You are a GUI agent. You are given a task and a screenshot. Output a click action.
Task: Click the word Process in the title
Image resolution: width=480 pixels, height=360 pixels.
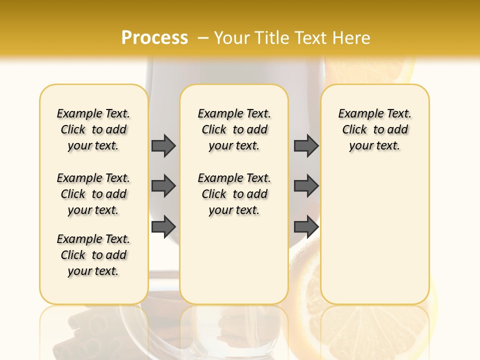pos(154,38)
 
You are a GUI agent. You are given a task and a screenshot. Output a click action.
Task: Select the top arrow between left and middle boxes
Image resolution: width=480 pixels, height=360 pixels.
pos(163,145)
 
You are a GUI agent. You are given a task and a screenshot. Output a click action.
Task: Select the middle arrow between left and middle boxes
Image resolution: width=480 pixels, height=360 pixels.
pos(163,186)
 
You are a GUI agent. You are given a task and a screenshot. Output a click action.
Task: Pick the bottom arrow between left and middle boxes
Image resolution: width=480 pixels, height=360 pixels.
pos(163,227)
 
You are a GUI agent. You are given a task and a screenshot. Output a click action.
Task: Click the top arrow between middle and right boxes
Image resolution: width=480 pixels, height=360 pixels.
pos(306,145)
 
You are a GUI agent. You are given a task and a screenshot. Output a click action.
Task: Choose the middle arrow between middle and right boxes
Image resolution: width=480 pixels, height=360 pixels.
pos(306,186)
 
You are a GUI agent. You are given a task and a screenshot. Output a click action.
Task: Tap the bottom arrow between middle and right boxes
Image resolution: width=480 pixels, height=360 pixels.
pos(306,227)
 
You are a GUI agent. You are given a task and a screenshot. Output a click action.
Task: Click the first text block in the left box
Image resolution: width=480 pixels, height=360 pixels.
pos(93,129)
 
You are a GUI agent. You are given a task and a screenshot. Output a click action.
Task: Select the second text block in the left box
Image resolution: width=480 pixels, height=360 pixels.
pos(93,194)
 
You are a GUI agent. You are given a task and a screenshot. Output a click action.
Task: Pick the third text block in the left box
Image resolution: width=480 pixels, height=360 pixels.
pos(93,255)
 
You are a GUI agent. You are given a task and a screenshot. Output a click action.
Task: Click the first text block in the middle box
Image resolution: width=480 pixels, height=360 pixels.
pos(234,129)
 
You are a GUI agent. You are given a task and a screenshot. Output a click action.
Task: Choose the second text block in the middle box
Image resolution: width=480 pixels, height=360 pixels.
pos(234,194)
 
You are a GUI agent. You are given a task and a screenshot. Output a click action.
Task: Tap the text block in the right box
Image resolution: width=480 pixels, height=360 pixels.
pos(375,129)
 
